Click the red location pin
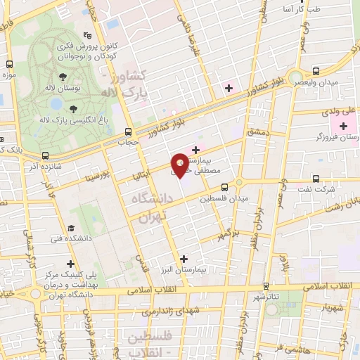coord(179,165)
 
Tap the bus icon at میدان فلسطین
coord(224,187)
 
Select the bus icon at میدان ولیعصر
coord(315,71)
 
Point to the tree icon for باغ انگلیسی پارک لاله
coord(84,108)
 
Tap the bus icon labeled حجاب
coord(127,131)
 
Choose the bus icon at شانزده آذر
coord(46,155)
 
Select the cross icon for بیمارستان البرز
coord(184,258)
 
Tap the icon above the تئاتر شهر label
coord(266,285)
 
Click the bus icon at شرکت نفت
coord(316,178)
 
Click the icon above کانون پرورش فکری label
coord(86,35)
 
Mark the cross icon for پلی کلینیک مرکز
coord(70,263)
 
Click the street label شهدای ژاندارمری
coord(161,310)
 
